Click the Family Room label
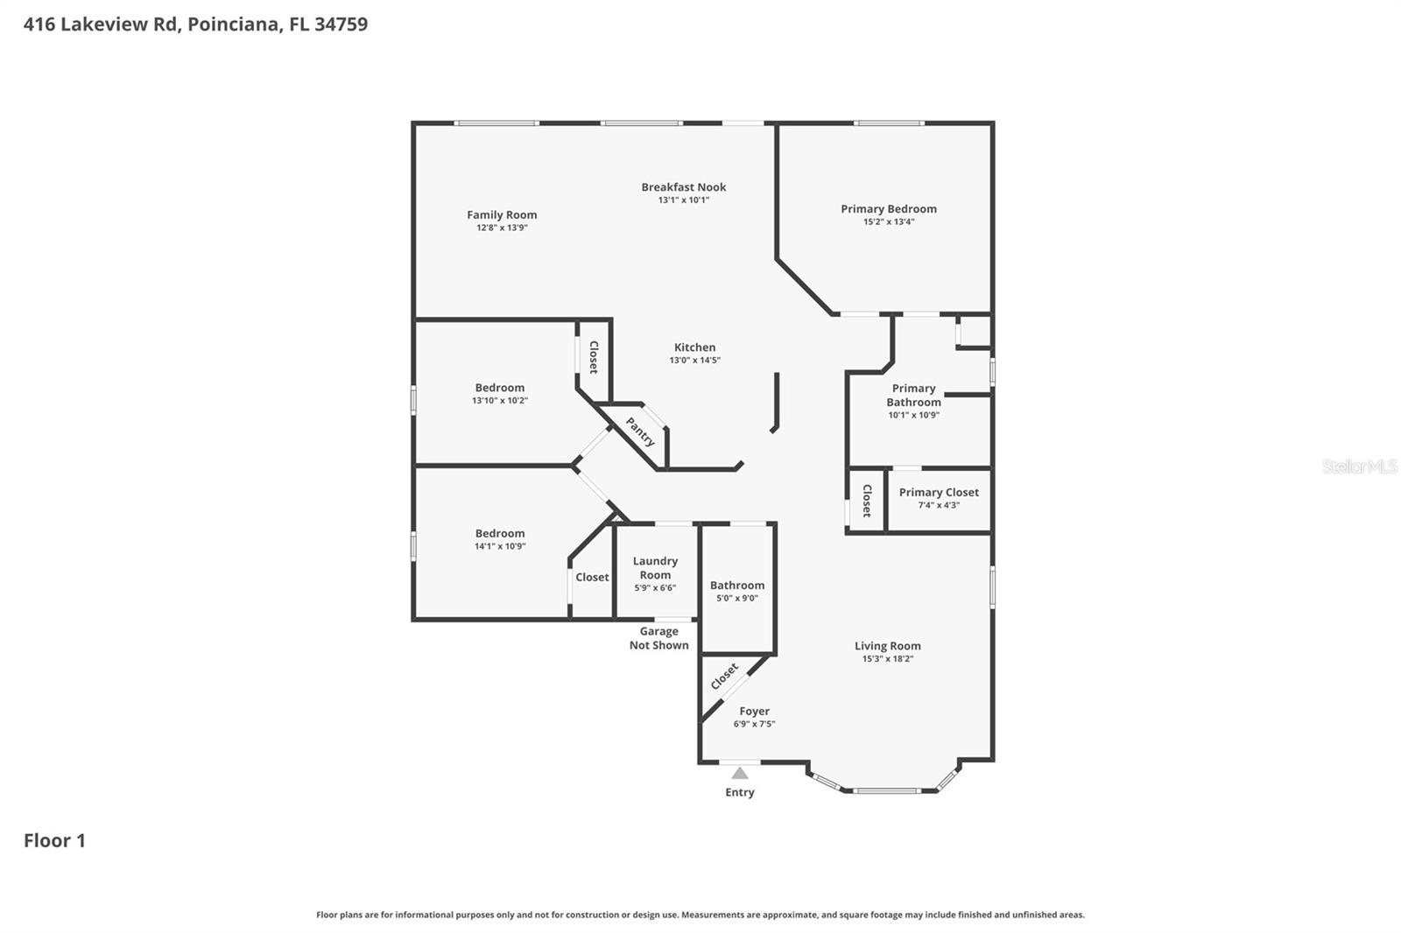tap(501, 214)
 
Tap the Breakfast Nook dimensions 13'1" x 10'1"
tap(683, 200)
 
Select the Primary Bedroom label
tap(888, 208)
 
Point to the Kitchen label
tap(694, 347)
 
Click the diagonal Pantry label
tap(640, 431)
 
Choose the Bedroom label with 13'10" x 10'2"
tap(499, 388)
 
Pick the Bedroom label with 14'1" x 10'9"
tap(499, 533)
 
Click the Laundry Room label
tap(655, 568)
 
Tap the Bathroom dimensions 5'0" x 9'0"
tap(736, 599)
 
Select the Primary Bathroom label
tap(913, 396)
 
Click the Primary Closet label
tap(939, 492)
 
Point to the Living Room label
tap(887, 646)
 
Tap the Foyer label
tap(754, 712)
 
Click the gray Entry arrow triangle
tap(740, 773)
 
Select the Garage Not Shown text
tap(658, 638)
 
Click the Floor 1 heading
tap(54, 840)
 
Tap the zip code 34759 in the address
tap(341, 24)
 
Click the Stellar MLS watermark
tap(1359, 466)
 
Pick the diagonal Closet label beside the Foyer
tap(724, 676)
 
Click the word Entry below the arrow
tap(739, 792)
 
